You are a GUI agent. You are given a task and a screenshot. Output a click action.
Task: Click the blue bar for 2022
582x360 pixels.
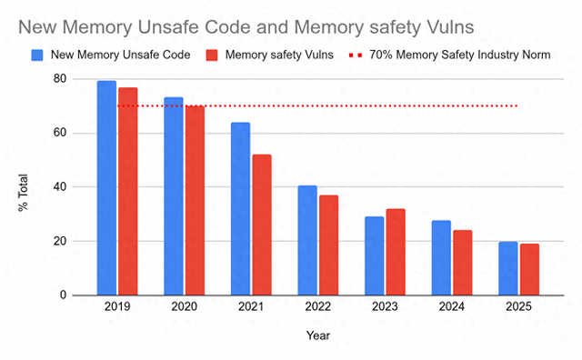(307, 240)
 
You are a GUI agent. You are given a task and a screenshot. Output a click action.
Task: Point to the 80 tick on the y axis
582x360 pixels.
(59, 79)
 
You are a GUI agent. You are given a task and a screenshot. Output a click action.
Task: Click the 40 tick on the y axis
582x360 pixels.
(59, 187)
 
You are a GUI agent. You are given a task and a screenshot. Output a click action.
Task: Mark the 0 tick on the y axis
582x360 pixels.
(63, 295)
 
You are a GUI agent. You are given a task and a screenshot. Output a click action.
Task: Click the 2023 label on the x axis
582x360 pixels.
(385, 309)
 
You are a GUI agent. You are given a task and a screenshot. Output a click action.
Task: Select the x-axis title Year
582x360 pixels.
(317, 335)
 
